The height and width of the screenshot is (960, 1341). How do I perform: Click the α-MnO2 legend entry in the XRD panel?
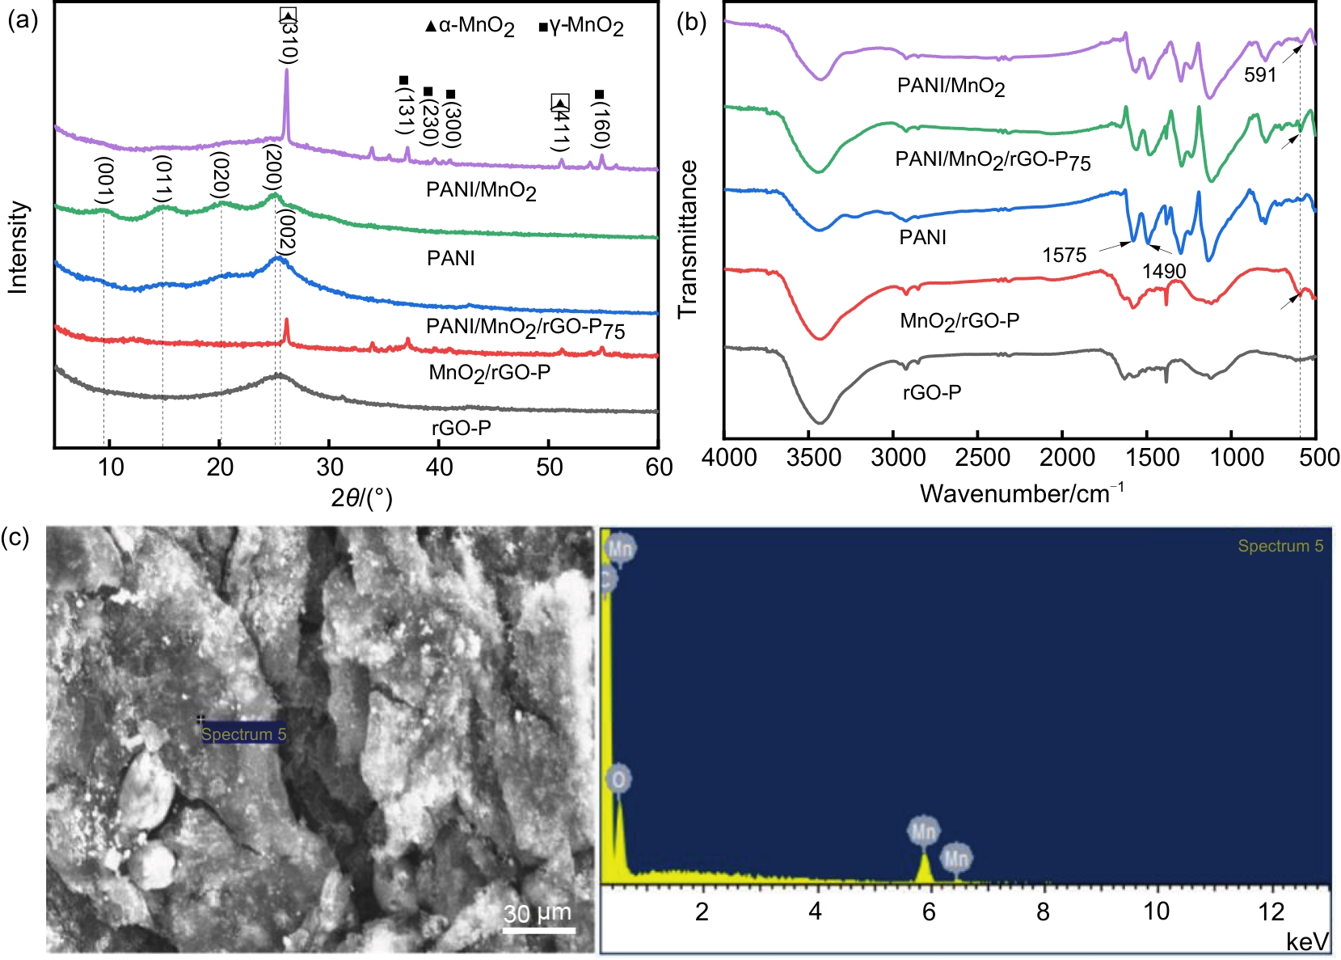470,27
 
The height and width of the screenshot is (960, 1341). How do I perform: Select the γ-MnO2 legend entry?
581,27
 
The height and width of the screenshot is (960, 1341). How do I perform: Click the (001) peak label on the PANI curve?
103,182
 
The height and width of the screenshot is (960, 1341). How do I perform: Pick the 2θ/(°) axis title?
361,498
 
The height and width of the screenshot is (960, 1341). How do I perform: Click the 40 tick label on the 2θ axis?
439,467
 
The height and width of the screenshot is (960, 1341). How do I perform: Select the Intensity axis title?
18,247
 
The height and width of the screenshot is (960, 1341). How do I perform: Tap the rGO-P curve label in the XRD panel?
461,427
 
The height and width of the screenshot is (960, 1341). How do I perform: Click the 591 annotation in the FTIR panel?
1260,75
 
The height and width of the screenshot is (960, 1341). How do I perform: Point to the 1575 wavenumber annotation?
1064,256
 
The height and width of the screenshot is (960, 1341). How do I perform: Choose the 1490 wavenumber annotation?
1164,272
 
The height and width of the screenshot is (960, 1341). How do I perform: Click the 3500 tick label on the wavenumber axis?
814,458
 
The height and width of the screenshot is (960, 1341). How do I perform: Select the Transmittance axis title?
688,239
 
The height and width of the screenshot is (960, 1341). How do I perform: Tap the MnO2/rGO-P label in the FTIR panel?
959,321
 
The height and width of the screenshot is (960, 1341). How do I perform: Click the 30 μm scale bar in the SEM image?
538,919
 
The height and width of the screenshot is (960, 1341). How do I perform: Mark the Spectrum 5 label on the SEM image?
243,734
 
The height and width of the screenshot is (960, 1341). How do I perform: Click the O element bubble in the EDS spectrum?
618,779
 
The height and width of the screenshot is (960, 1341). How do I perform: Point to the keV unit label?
1307,941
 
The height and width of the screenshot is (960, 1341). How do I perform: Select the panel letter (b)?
691,22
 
